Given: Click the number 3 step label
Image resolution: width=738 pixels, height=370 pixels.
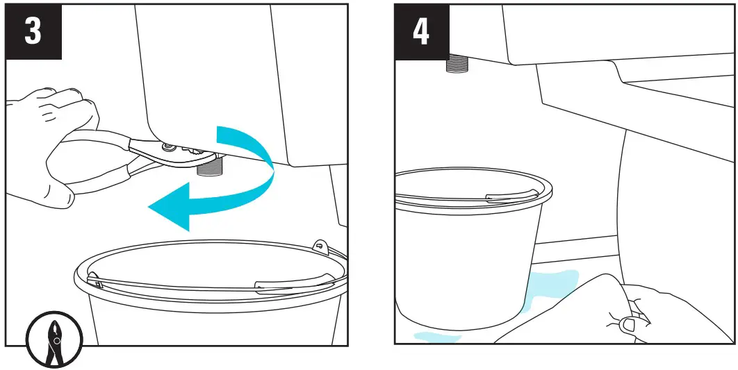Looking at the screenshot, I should (x=33, y=32).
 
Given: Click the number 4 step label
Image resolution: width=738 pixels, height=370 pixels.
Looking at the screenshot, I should (x=421, y=32).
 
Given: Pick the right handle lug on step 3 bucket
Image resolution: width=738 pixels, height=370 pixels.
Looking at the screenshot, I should (x=320, y=246).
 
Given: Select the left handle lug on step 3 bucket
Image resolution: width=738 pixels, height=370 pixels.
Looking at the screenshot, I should (x=94, y=283).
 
